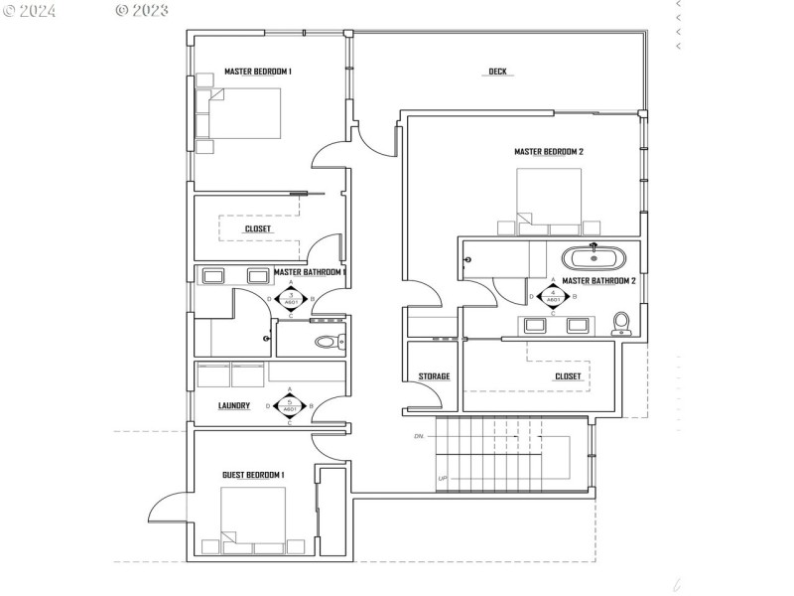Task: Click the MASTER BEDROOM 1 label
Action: pos(257,72)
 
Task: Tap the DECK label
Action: pos(497,72)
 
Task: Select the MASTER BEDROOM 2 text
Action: pos(548,152)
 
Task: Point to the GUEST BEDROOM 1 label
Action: pos(253,476)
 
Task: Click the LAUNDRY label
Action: pos(233,405)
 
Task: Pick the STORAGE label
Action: pos(433,376)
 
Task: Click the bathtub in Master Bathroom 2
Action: pos(594,259)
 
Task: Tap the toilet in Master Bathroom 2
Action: pos(621,323)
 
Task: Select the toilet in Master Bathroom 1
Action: pos(327,343)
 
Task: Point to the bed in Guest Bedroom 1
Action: pos(253,517)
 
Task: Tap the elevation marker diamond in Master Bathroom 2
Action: pos(551,295)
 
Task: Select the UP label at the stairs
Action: pos(443,479)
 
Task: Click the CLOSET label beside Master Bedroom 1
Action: pos(258,228)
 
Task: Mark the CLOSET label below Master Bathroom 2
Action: pos(568,376)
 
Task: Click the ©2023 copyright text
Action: pos(142,11)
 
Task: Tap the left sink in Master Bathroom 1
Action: pos(213,276)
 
